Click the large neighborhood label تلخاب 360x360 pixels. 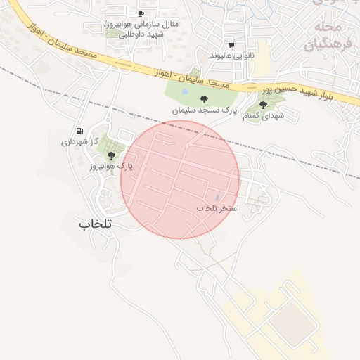[x=96, y=224]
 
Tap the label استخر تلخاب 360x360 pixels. [x=217, y=209]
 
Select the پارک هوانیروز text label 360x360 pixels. [x=111, y=167]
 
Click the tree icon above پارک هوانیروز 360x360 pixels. [x=111, y=155]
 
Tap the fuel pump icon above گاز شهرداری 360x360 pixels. [x=79, y=131]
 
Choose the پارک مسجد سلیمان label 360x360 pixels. [x=204, y=110]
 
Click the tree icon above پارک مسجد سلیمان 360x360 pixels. [x=204, y=99]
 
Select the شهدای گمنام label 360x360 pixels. [x=263, y=116]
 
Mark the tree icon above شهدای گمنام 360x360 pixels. [x=263, y=105]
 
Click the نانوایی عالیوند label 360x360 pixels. [x=231, y=55]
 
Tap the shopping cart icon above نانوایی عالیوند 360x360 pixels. [x=231, y=44]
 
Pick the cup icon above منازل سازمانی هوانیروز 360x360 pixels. [x=141, y=13]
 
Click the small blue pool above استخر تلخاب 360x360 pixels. [x=217, y=197]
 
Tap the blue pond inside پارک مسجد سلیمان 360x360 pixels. [x=185, y=91]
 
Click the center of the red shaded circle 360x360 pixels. [x=180, y=179]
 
